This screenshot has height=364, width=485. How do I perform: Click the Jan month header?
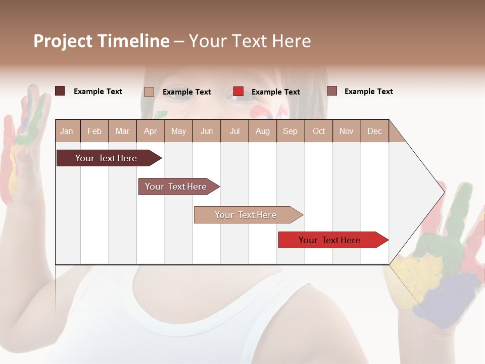click(x=67, y=131)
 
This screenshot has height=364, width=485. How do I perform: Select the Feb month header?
click(x=94, y=131)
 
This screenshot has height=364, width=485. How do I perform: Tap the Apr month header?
click(x=150, y=131)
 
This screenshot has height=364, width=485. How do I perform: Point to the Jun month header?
click(x=207, y=131)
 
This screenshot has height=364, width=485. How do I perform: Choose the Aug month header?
click(x=262, y=131)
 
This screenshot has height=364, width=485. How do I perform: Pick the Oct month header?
click(x=319, y=131)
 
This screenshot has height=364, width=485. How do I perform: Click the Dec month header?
click(x=374, y=131)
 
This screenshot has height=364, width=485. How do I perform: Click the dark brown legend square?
click(x=60, y=91)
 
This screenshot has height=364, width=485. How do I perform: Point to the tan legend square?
click(x=149, y=92)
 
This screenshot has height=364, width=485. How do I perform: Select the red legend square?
click(x=238, y=92)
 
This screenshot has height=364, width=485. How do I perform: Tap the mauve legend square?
click(x=332, y=91)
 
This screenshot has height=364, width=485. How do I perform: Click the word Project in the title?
click(x=63, y=41)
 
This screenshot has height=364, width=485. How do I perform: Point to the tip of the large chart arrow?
click(x=444, y=192)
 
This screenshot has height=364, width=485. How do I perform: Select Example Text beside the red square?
click(x=275, y=92)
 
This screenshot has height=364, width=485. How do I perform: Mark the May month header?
click(x=178, y=131)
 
